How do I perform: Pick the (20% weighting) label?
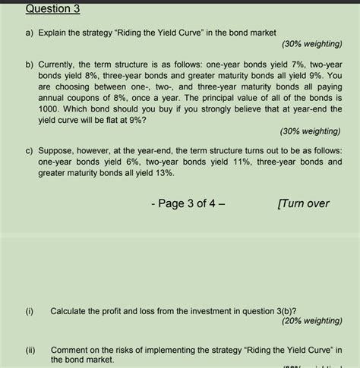pyautogui.click(x=311, y=321)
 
